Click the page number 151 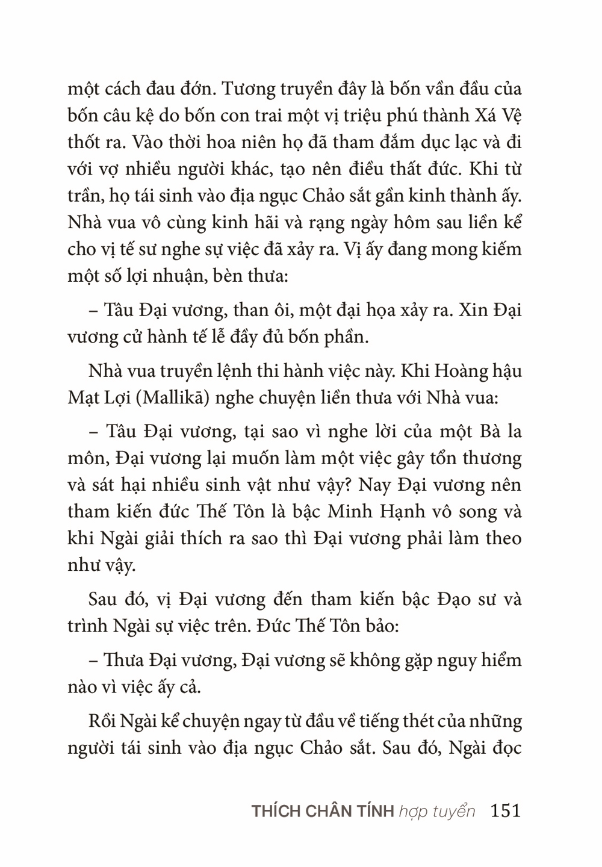tap(505, 810)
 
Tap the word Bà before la tap(476, 432)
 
